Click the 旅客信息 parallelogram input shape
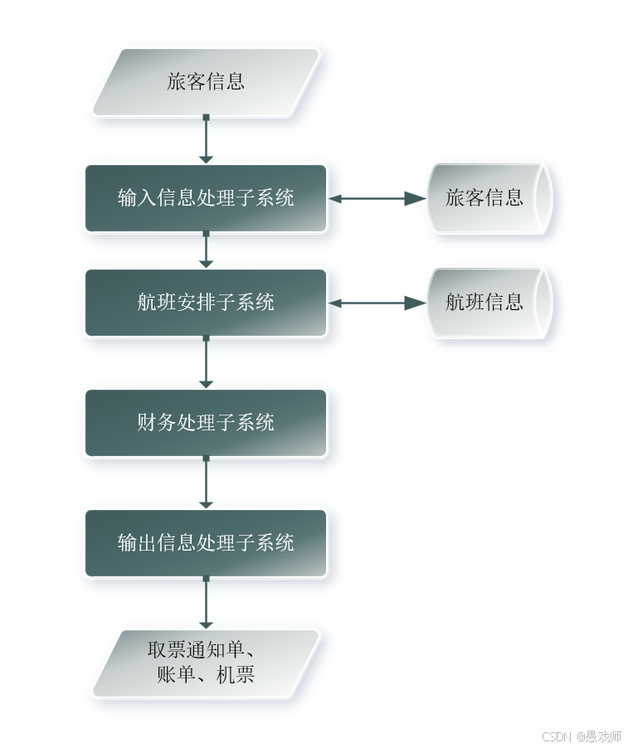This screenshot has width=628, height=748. [x=205, y=81]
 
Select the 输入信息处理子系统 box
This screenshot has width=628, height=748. [x=206, y=198]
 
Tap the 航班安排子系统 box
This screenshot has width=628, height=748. [x=206, y=303]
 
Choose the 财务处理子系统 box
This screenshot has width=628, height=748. [x=206, y=423]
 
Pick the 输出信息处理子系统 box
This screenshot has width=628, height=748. [x=206, y=543]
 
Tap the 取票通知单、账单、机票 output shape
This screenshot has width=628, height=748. [x=205, y=663]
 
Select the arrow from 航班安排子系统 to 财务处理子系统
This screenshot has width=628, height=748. [x=206, y=362]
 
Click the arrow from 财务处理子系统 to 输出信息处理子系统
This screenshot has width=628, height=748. [x=206, y=483]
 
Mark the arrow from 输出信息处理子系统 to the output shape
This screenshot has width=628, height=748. [x=206, y=603]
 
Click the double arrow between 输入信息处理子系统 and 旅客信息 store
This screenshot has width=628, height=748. [x=377, y=198]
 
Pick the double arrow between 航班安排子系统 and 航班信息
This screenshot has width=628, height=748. [x=377, y=304]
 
